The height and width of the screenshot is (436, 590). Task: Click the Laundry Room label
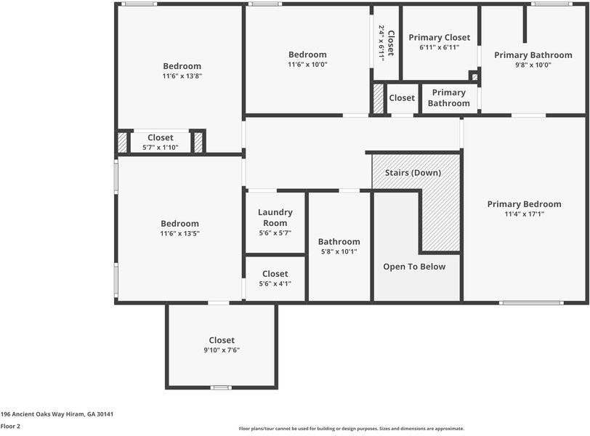[275, 217]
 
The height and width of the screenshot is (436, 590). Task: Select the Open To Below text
[414, 267]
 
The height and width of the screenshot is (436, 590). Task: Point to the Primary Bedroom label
[524, 204]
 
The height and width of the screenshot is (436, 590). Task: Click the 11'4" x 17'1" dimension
[524, 214]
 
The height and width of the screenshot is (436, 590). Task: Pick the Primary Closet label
[439, 37]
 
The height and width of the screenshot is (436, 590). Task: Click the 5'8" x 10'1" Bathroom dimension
[339, 252]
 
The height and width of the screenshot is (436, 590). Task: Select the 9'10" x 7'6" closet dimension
[222, 350]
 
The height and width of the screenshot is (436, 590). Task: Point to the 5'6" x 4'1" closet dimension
[275, 284]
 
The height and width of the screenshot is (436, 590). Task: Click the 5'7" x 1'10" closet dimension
[160, 148]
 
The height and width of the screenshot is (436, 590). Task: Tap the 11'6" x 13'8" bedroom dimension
[182, 76]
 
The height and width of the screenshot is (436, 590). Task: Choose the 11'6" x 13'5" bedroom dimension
[179, 234]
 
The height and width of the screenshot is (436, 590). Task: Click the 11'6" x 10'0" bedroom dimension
[307, 65]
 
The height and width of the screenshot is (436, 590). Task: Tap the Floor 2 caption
[10, 427]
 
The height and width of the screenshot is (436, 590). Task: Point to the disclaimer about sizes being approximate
[351, 429]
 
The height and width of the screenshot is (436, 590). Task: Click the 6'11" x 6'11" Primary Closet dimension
[439, 47]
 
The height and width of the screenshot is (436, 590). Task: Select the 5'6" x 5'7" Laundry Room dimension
[275, 233]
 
